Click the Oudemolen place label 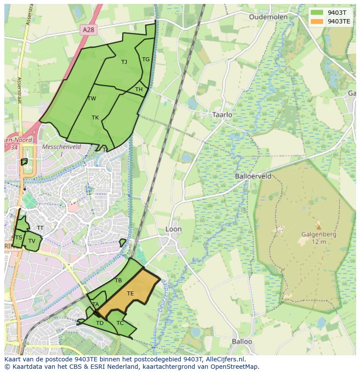[268, 17]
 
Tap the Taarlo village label [222, 115]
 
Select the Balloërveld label [253, 176]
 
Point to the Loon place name [173, 229]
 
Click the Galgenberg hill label [318, 235]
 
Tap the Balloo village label [242, 341]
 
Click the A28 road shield [88, 29]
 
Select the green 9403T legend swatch [317, 12]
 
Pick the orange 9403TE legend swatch [317, 21]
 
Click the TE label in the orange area [130, 294]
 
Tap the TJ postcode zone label [124, 62]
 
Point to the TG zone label [146, 60]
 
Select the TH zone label [139, 89]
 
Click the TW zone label [92, 99]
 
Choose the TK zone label [95, 118]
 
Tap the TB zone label [118, 281]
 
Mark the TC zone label [120, 323]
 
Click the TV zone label [32, 241]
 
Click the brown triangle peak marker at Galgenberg [319, 227]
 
